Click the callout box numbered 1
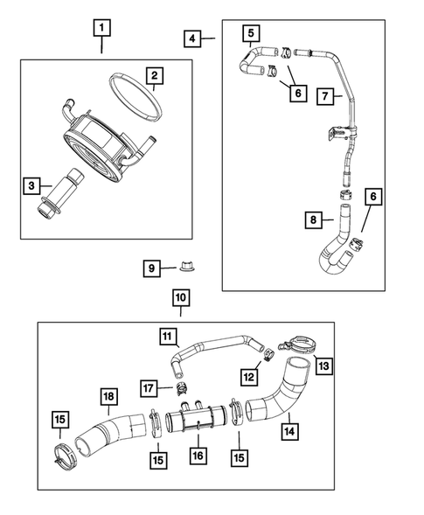pyautogui.click(x=103, y=29)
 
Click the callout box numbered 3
pyautogui.click(x=32, y=185)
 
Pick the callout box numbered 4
pyautogui.click(x=193, y=38)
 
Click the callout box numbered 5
pyautogui.click(x=250, y=35)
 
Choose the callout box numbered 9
pyautogui.click(x=151, y=267)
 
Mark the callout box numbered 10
pyautogui.click(x=179, y=299)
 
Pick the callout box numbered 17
pyautogui.click(x=150, y=386)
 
